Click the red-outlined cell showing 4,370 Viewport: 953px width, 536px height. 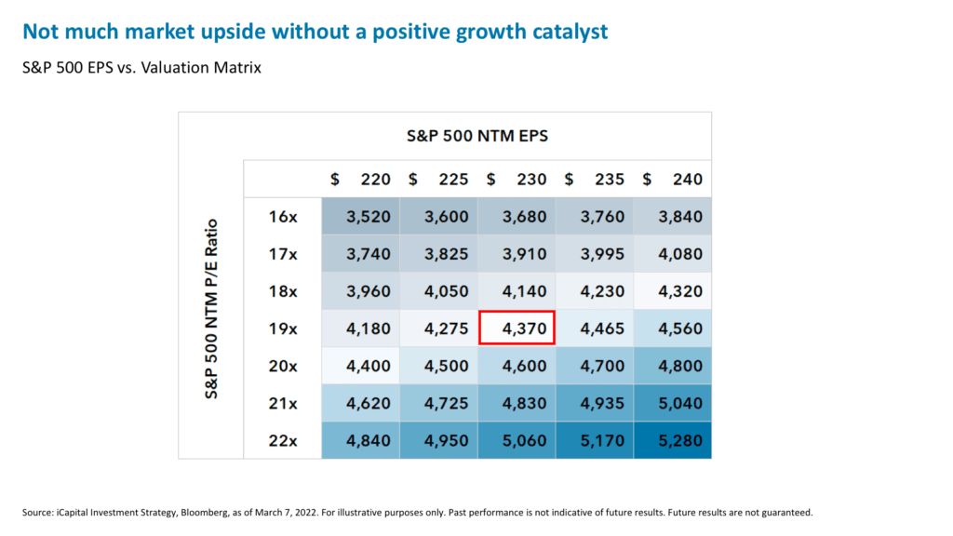[x=517, y=328]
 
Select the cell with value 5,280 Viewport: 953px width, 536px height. [x=672, y=440]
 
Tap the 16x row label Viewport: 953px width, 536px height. [x=282, y=217]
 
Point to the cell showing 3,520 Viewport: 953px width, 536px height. [x=361, y=217]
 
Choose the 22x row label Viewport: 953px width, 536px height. [x=282, y=440]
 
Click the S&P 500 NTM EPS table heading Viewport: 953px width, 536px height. [x=476, y=136]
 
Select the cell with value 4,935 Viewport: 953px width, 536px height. [x=594, y=403]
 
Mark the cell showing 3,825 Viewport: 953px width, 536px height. [x=438, y=254]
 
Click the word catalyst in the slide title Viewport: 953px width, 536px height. [x=567, y=33]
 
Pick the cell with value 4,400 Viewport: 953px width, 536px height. [x=361, y=366]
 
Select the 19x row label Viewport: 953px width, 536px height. [x=282, y=328]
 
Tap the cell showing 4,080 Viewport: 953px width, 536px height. [x=672, y=254]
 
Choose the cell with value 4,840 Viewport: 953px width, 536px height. [x=361, y=440]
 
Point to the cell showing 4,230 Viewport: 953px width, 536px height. [x=594, y=291]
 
